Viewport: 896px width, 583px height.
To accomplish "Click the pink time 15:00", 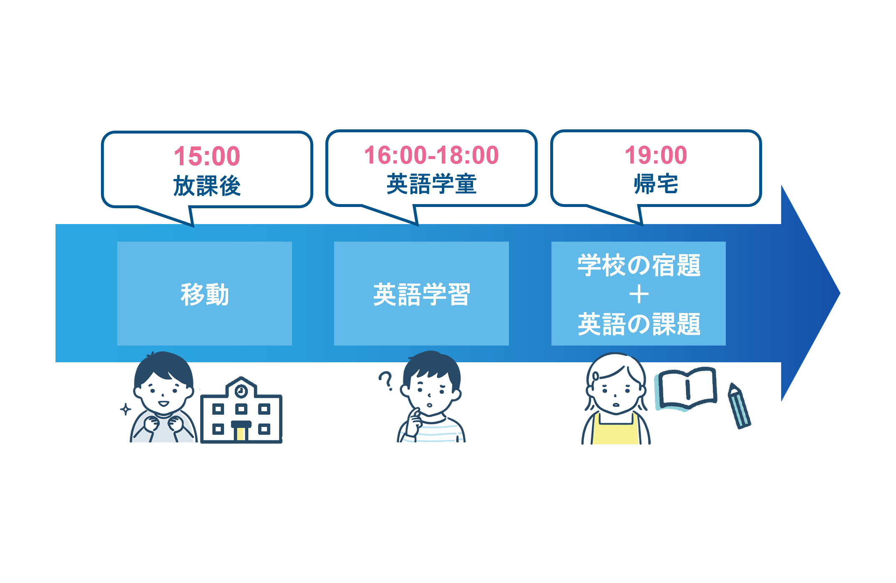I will coord(207,156).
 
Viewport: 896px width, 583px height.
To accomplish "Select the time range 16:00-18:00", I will coord(431,155).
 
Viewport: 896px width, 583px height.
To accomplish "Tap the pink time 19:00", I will coord(656,155).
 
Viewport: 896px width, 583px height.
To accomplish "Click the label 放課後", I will coord(207,186).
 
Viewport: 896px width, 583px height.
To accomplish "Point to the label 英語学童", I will coord(431,184).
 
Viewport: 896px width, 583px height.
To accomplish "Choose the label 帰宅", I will coord(656,184).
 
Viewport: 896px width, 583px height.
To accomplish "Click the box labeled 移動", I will coord(204,293).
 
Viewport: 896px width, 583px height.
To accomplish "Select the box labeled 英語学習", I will coord(421,293).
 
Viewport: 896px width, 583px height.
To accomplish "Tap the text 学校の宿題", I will coord(639,265).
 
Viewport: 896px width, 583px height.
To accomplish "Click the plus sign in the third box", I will coord(639,295).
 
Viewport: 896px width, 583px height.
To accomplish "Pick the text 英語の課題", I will coord(639,324).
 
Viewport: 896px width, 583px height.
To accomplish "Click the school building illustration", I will coord(241,413).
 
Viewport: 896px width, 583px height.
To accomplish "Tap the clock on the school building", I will coord(241,391).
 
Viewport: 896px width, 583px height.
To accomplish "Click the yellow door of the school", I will coord(240,434).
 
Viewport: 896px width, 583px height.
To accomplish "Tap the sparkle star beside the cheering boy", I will coord(126,409).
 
